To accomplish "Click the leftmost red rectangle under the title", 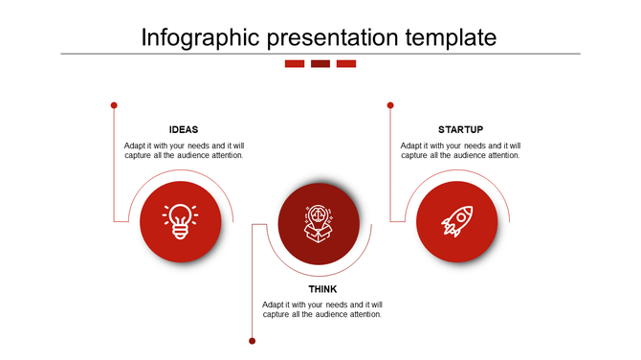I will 295,64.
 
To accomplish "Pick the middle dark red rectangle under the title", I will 320,64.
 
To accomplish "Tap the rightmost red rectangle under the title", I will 346,64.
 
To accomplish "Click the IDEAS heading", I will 184,129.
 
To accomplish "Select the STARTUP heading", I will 460,129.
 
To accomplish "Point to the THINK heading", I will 322,289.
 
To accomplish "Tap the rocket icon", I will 456,221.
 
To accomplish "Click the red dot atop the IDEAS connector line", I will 114,105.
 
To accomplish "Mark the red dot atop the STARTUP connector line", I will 390,105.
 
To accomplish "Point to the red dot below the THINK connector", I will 253,341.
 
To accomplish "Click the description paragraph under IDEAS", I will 184,150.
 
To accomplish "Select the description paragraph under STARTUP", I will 460,150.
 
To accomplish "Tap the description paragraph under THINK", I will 322,309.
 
